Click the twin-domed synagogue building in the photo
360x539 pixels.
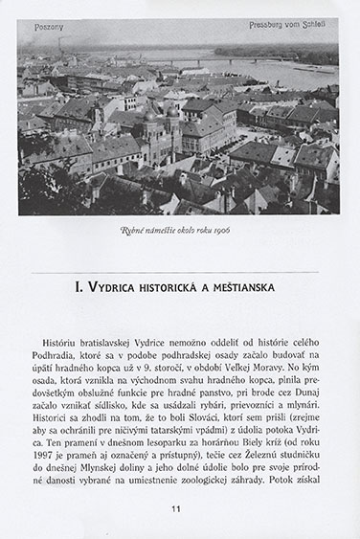coord(162,123)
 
